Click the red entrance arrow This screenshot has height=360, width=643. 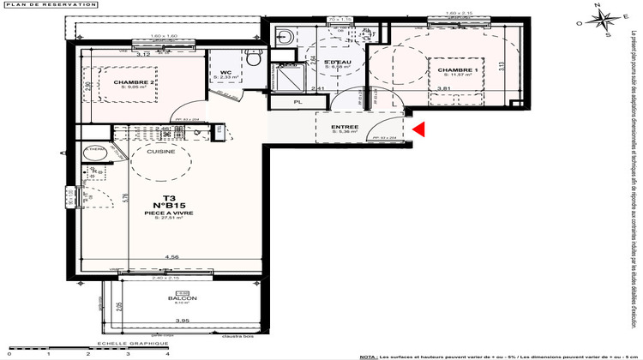pos(419,129)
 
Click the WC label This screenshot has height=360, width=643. pos(226,72)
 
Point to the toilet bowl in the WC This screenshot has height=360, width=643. pos(253,58)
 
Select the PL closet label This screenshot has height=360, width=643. pos(298,103)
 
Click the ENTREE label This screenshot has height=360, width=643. pos(345,127)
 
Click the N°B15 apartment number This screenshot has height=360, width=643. pos(171,205)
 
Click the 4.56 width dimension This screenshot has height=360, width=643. pos(171,256)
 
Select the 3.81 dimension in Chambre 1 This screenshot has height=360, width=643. pos(444,89)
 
